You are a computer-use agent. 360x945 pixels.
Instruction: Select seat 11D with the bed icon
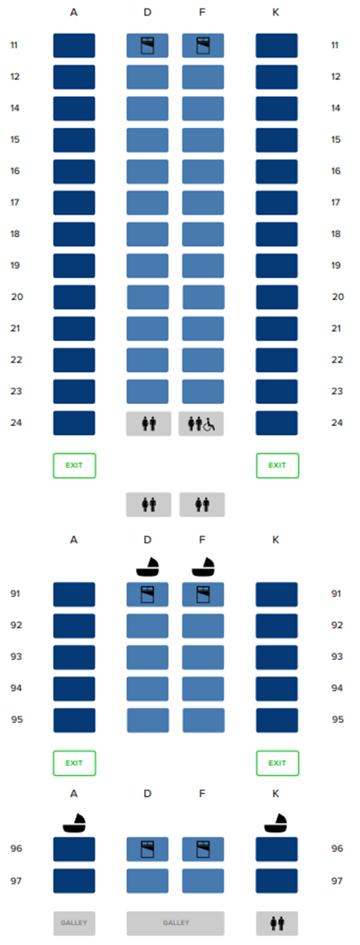tap(147, 45)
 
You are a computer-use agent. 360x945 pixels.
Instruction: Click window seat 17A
tap(74, 203)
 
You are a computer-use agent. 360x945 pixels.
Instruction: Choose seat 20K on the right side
tap(277, 297)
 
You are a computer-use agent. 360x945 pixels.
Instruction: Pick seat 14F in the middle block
tap(204, 108)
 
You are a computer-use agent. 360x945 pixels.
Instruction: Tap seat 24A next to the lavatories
tap(74, 423)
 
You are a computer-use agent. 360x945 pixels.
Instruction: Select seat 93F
tap(204, 657)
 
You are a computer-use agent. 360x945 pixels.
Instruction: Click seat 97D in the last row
tap(147, 881)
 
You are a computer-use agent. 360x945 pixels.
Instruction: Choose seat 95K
tap(277, 719)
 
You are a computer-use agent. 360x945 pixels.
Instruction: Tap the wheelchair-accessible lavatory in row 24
tap(201, 424)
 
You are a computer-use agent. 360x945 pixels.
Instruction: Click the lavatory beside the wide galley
tap(277, 923)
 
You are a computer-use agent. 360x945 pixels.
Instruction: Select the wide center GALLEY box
tap(175, 923)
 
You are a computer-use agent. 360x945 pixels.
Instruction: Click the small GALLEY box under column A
tap(74, 923)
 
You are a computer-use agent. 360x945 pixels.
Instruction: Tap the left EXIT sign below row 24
tap(74, 465)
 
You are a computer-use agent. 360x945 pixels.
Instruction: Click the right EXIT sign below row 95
tap(278, 763)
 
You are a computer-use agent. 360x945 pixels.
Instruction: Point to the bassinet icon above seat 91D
tap(147, 566)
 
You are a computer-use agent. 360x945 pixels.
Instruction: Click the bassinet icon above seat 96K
tap(277, 821)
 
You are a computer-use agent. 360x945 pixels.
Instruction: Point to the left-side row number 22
tap(16, 360)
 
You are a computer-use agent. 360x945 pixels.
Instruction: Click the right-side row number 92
tap(338, 625)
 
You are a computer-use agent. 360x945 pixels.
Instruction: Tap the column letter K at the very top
tap(275, 12)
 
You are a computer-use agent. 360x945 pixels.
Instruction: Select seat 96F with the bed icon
tap(204, 849)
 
